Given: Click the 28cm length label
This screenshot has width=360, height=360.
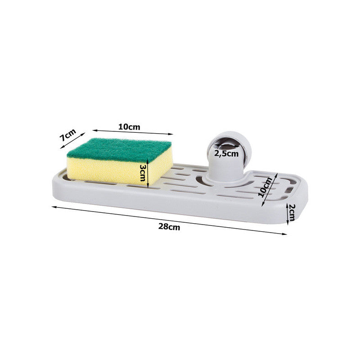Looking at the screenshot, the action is click(169, 227).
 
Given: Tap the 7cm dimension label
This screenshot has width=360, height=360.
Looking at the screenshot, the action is click(67, 135).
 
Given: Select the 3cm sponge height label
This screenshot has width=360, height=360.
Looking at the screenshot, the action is click(143, 172).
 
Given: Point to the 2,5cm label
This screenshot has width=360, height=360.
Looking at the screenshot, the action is click(226, 153).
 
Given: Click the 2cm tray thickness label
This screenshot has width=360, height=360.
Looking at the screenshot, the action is click(291, 212).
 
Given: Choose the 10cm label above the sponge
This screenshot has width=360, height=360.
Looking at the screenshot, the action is click(129, 127).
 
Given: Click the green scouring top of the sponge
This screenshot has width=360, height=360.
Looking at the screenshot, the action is click(119, 149).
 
